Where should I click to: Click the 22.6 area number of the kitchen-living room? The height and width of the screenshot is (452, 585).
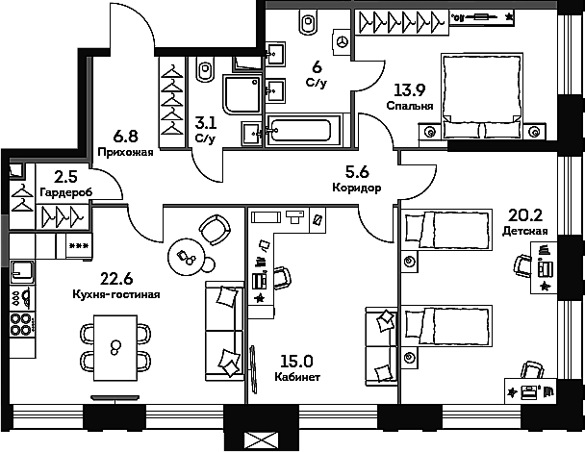[x=116, y=279]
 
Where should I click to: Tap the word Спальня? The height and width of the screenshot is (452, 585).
[x=410, y=106]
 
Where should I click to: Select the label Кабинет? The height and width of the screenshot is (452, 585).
[x=297, y=377]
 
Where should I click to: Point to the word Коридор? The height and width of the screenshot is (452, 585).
[x=357, y=188]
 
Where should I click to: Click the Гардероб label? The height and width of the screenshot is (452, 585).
[x=65, y=192]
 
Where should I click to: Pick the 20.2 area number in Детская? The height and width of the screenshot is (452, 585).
[x=525, y=215]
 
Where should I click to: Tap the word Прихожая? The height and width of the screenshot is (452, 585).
[x=125, y=152]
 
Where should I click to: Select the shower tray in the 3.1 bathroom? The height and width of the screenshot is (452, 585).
[x=242, y=94]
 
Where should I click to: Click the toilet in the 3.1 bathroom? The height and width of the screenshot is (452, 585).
[x=205, y=69]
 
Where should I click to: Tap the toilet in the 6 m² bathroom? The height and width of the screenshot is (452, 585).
[x=309, y=21]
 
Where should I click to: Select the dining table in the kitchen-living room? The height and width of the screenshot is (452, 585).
[x=114, y=347]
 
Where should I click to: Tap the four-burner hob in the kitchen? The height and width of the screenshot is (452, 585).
[x=21, y=324]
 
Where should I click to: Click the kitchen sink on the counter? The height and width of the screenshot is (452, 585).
[x=22, y=272]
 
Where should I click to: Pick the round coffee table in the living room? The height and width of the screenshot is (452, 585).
[x=186, y=257]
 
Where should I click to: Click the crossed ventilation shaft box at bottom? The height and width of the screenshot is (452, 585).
[x=261, y=441]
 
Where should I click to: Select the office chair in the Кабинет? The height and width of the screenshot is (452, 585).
[x=283, y=278]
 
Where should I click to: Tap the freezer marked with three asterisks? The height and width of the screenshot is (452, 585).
[x=79, y=246]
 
